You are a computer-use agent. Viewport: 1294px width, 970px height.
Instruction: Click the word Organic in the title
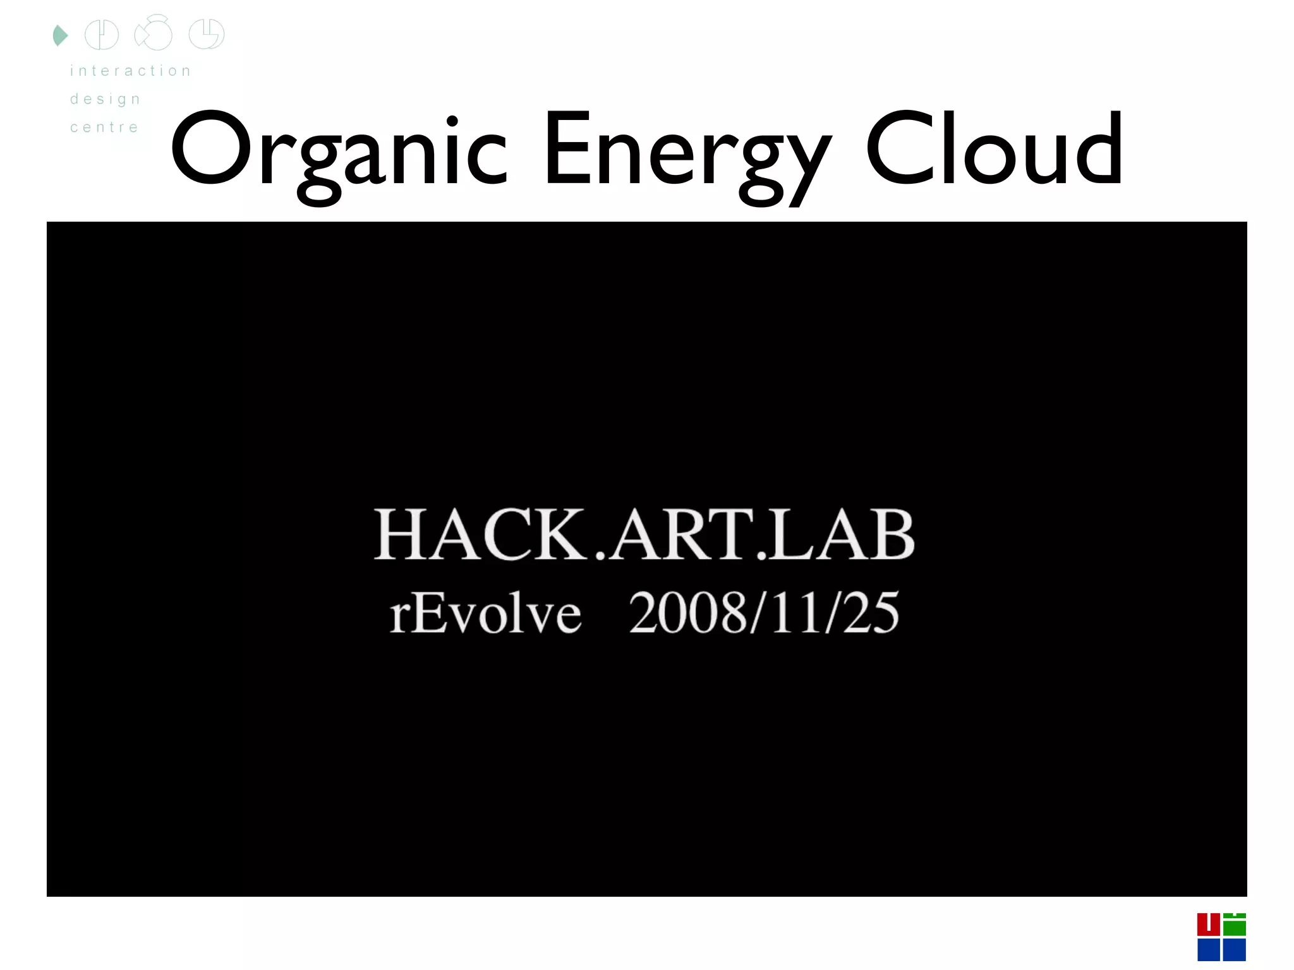click(x=339, y=152)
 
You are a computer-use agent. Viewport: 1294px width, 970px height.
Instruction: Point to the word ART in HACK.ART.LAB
click(x=682, y=535)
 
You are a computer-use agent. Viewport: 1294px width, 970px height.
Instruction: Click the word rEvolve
click(x=485, y=613)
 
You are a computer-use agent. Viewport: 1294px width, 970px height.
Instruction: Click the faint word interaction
click(x=130, y=71)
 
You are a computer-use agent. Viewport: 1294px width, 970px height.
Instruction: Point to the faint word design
click(x=105, y=99)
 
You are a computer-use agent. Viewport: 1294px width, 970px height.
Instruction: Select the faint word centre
click(x=104, y=128)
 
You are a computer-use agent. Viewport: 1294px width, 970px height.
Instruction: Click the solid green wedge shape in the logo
click(x=59, y=35)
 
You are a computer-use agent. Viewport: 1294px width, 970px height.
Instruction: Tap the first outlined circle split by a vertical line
click(x=102, y=35)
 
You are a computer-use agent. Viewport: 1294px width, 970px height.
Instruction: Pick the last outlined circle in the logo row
click(x=207, y=34)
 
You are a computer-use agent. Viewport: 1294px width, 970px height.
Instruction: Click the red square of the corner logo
click(x=1208, y=925)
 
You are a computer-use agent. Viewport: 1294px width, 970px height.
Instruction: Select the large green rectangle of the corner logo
click(x=1235, y=927)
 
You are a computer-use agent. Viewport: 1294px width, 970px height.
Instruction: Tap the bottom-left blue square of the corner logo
click(x=1208, y=950)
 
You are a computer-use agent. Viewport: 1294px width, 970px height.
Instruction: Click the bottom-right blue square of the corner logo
click(x=1235, y=950)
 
